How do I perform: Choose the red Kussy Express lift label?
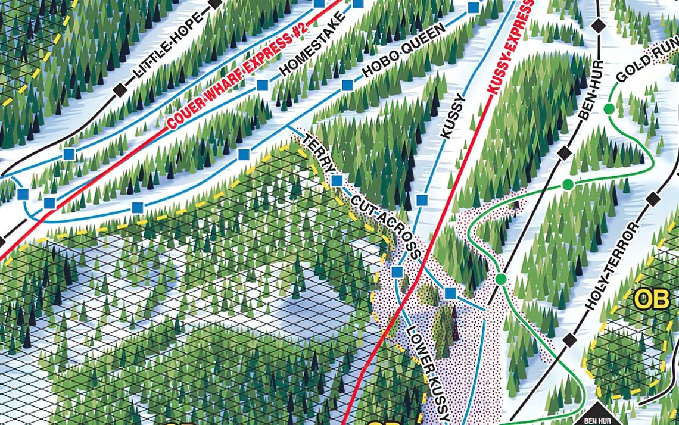pos(510,50)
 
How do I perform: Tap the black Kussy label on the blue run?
pos(453,116)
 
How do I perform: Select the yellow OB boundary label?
pos(651,299)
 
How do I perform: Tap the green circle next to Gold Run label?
pos(609,109)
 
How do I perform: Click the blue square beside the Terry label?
pos(337,180)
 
